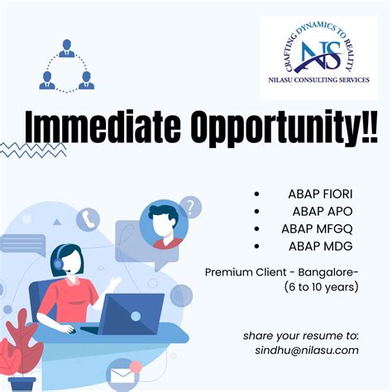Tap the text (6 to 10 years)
click(320, 287)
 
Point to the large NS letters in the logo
click(319, 54)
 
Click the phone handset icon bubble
click(88, 219)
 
